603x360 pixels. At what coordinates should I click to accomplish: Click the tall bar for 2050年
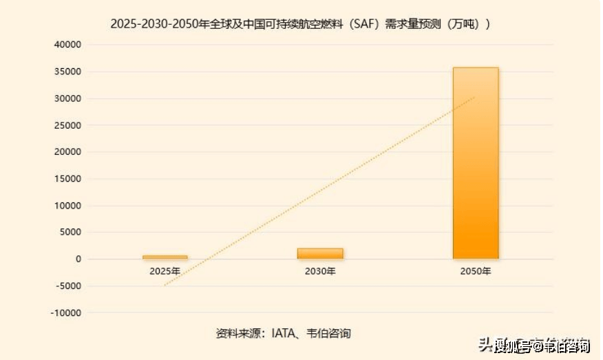[475, 163]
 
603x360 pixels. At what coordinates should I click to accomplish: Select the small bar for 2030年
[320, 253]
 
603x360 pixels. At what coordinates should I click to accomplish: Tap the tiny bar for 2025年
[165, 257]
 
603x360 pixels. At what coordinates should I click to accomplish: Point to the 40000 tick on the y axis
[68, 45]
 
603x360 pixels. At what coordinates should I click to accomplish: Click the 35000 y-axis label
[68, 72]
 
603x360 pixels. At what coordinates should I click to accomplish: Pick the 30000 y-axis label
[68, 98]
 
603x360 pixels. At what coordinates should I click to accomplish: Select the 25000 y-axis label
[68, 125]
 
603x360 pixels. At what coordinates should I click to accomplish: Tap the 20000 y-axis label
[68, 152]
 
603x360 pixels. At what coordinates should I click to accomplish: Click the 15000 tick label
[68, 179]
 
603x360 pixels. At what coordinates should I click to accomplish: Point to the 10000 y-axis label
[68, 206]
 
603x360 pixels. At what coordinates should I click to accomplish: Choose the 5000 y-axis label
[71, 233]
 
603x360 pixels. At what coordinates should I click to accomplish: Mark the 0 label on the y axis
[78, 260]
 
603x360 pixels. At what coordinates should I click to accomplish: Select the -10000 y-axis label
[67, 313]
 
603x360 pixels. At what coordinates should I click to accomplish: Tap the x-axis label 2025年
[165, 271]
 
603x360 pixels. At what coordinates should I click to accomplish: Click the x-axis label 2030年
[320, 271]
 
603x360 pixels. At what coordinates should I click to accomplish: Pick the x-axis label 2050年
[475, 271]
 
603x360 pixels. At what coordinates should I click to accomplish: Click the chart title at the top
[301, 23]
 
